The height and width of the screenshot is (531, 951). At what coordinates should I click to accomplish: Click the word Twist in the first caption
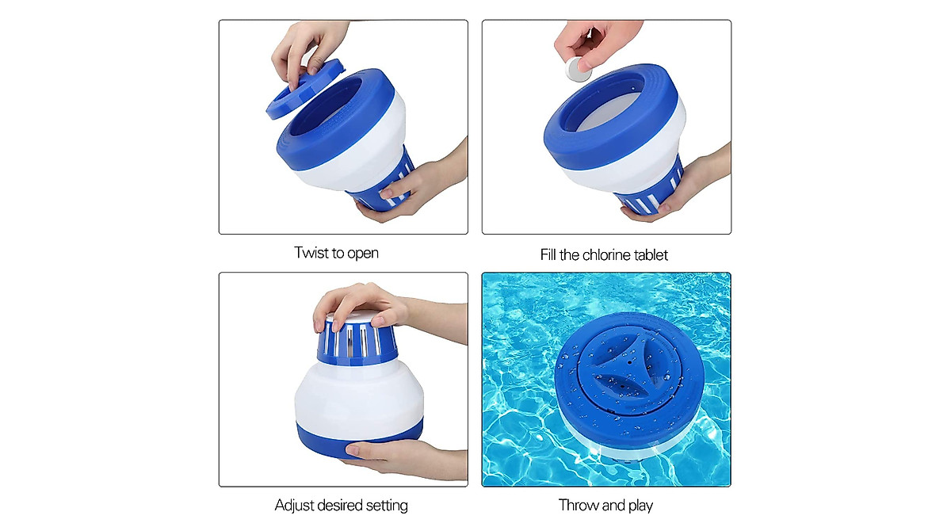(x=311, y=254)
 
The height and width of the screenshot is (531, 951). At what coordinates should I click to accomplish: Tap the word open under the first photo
(x=362, y=254)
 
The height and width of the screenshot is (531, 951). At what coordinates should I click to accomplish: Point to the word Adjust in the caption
(x=294, y=505)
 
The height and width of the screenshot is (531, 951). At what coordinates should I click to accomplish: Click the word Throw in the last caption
(x=579, y=505)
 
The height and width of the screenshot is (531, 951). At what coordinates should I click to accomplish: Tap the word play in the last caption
(x=639, y=505)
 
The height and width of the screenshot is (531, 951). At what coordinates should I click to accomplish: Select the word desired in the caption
(x=339, y=505)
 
